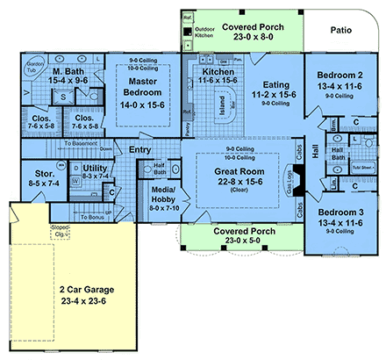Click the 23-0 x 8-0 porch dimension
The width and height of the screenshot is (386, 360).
pyautogui.click(x=247, y=28)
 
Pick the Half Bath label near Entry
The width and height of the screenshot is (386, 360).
pyautogui.click(x=161, y=171)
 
